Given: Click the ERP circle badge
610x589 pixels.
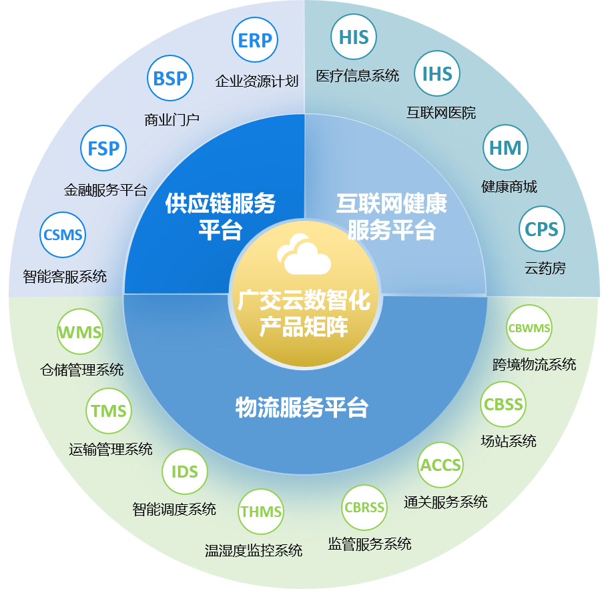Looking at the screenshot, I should [255, 41].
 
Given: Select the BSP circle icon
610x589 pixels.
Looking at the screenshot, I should [170, 79].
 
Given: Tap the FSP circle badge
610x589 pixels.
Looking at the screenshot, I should [103, 148].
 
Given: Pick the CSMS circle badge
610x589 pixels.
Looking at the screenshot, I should [63, 235].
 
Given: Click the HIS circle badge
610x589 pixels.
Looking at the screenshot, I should [354, 37].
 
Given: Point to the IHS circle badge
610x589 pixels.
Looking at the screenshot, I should [437, 74].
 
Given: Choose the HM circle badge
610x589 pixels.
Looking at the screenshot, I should [505, 147].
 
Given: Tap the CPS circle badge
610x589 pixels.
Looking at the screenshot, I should [542, 229].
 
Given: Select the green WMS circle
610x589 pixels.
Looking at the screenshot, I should [80, 332].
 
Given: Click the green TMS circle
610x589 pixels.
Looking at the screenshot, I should [109, 410].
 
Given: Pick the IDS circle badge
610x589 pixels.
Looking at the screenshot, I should [185, 472].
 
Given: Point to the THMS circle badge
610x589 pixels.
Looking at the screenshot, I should [261, 512].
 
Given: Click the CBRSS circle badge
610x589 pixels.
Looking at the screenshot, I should [364, 508].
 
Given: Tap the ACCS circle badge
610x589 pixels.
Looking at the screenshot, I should [440, 465].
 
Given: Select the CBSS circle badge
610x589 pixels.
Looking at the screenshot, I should [503, 404].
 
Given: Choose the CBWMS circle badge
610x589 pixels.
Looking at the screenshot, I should [529, 328].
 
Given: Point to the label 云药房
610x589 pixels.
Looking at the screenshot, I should [545, 268].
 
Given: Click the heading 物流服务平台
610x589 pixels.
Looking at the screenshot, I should [302, 408].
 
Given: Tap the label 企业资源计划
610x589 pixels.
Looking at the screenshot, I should [256, 81].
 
